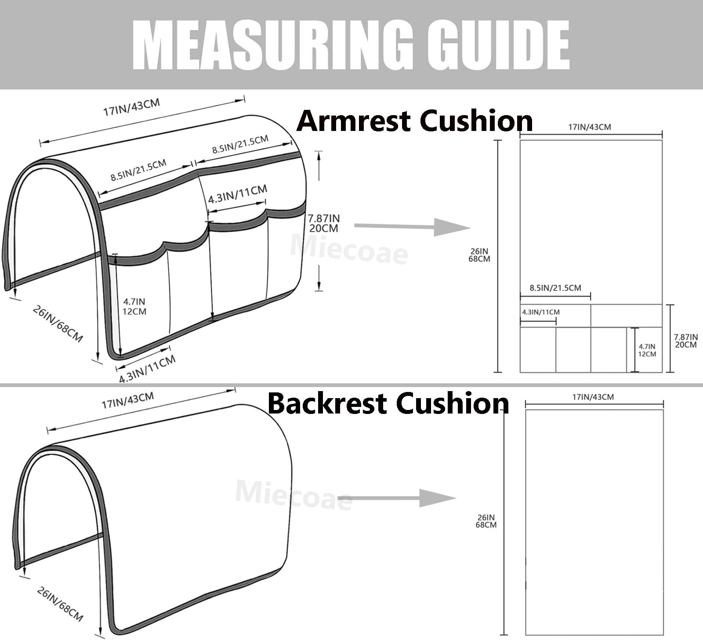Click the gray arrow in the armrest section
pyautogui.click(x=412, y=227)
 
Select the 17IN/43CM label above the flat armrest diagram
pyautogui.click(x=590, y=127)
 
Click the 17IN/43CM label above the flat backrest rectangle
pyautogui.click(x=593, y=397)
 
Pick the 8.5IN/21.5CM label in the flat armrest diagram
pyautogui.click(x=555, y=288)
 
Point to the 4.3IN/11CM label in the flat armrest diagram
pyautogui.click(x=541, y=312)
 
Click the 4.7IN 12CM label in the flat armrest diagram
pyautogui.click(x=647, y=350)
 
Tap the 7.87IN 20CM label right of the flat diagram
pyautogui.click(x=686, y=341)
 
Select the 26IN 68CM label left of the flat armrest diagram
pyautogui.click(x=479, y=255)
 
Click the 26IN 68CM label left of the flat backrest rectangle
pyautogui.click(x=486, y=521)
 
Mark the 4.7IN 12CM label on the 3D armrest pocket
pyautogui.click(x=134, y=306)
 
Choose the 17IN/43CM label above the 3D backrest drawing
pyautogui.click(x=128, y=400)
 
